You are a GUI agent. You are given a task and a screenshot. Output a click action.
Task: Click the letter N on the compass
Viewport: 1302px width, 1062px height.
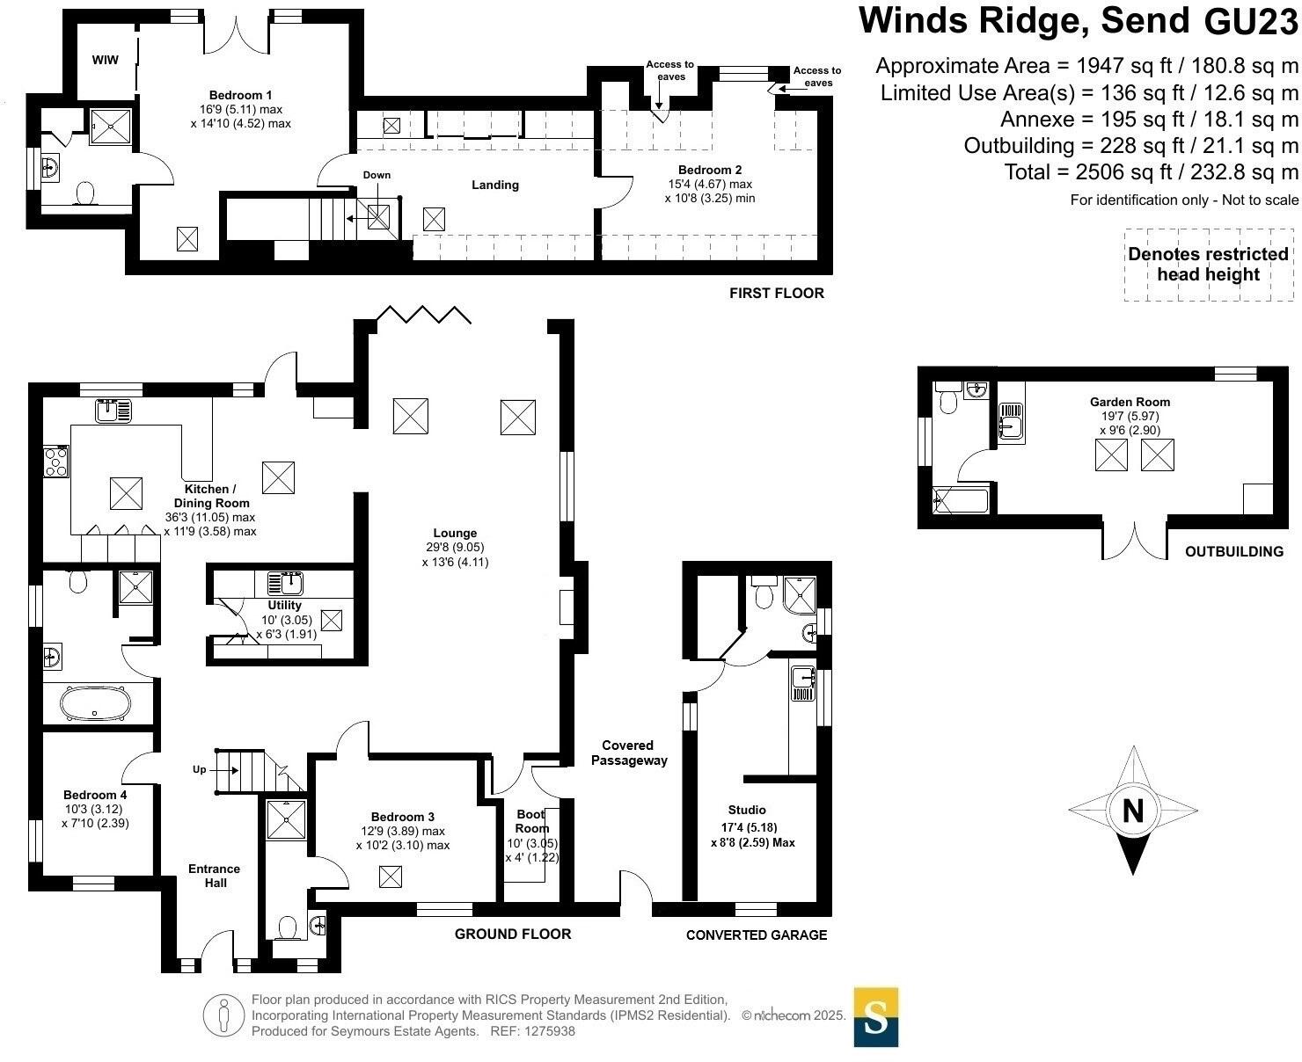(x=1133, y=811)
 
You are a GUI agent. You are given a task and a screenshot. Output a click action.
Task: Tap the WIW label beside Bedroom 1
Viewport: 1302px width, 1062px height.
(x=105, y=61)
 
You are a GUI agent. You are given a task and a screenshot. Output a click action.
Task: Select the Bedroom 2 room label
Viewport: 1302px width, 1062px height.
(x=704, y=170)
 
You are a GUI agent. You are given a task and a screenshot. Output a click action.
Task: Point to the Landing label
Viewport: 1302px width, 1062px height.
(x=495, y=185)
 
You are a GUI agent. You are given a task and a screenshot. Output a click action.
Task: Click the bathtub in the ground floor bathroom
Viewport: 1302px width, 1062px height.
(x=95, y=703)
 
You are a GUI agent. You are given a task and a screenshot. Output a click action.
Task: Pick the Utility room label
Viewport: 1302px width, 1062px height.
(x=284, y=605)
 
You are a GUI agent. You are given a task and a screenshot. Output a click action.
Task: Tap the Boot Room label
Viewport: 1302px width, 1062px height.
(x=531, y=821)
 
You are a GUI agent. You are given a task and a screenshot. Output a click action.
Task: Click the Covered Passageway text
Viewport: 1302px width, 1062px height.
(x=629, y=753)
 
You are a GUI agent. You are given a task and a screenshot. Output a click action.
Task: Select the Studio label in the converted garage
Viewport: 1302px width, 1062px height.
(x=747, y=810)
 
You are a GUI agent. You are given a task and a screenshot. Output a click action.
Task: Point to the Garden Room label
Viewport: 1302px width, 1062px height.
(x=1130, y=402)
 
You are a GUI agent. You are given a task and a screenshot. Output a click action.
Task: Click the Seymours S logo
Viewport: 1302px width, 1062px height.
(x=875, y=1017)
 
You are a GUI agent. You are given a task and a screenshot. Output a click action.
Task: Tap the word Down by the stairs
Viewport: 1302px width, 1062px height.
(x=377, y=175)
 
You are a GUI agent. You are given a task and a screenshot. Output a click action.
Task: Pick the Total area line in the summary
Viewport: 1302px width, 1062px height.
(x=1151, y=171)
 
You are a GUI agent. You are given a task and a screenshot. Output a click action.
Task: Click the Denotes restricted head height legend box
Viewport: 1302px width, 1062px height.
(x=1208, y=265)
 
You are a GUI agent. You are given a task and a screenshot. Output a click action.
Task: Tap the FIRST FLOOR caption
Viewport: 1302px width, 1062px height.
(x=776, y=293)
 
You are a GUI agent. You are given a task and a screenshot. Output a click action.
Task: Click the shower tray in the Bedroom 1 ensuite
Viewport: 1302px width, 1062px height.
(x=110, y=126)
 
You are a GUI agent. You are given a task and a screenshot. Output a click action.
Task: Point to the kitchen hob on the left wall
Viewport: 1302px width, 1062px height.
(x=55, y=461)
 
